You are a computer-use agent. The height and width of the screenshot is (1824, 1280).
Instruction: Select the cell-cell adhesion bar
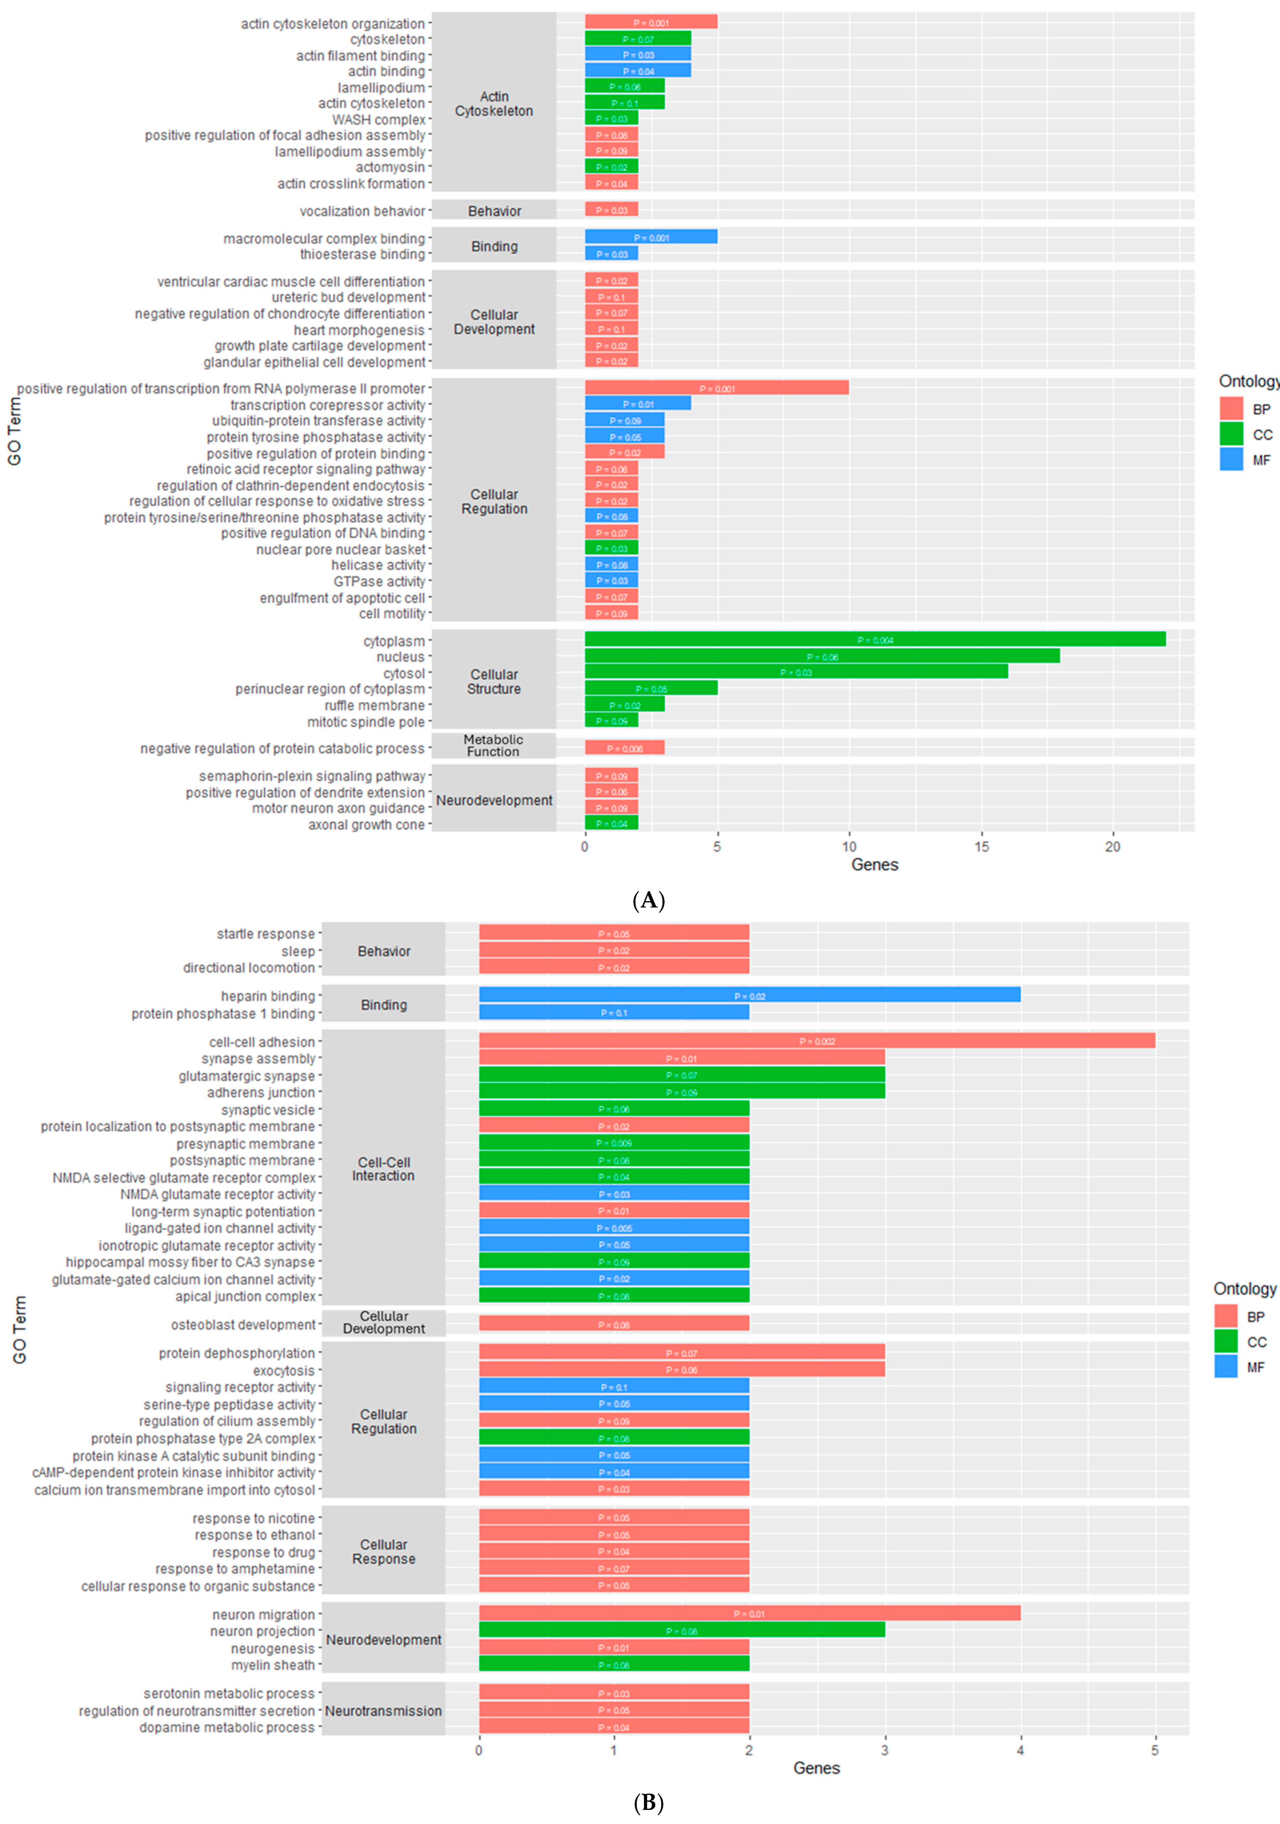click(816, 1041)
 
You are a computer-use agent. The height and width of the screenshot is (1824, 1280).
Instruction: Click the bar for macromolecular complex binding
click(651, 237)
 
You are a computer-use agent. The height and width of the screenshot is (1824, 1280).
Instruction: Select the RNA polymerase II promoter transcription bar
click(716, 388)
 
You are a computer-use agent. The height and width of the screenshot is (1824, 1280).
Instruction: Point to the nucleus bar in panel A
click(822, 656)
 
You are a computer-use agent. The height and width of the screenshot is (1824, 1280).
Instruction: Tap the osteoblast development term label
click(243, 1324)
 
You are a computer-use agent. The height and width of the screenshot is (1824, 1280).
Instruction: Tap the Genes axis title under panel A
click(874, 865)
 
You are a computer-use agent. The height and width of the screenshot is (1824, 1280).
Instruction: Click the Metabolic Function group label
click(493, 745)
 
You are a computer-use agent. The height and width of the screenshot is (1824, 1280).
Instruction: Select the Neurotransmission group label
click(383, 1710)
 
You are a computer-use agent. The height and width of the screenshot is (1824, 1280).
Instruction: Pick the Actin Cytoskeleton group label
click(494, 103)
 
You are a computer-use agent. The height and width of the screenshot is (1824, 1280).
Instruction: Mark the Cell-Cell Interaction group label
click(383, 1169)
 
